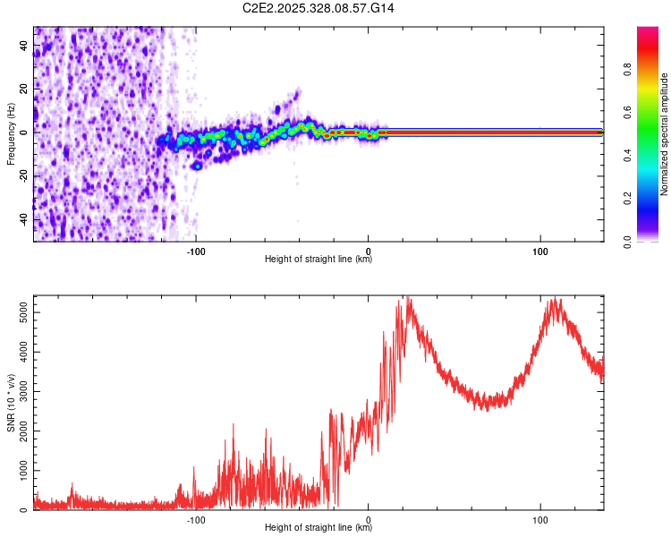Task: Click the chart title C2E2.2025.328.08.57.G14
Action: (x=319, y=8)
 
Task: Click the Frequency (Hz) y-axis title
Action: (x=11, y=134)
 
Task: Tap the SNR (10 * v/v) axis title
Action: (x=11, y=403)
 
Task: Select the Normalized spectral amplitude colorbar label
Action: (x=664, y=134)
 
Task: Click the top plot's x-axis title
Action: (x=319, y=260)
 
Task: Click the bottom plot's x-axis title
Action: (x=319, y=528)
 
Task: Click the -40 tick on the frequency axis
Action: (x=24, y=218)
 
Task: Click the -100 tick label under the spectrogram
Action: (x=196, y=251)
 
